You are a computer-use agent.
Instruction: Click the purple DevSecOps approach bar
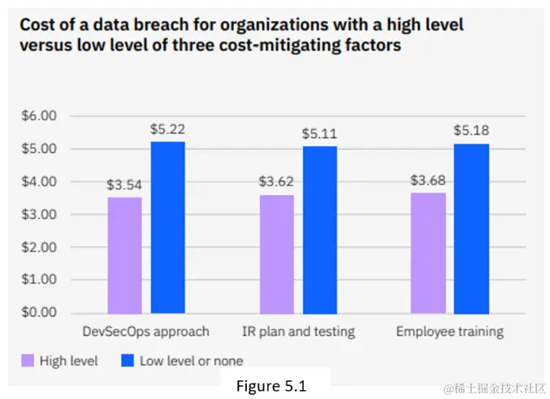(x=124, y=255)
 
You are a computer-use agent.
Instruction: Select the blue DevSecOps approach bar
(x=167, y=228)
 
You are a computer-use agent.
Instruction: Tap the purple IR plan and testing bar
(x=276, y=254)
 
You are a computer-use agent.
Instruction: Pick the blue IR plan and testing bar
(x=319, y=229)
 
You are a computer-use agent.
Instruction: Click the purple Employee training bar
(x=428, y=253)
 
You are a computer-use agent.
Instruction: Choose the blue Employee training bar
(x=471, y=228)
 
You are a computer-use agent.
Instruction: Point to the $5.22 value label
(x=167, y=129)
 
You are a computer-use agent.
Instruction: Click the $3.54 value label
(x=124, y=184)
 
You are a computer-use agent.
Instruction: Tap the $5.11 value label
(x=319, y=133)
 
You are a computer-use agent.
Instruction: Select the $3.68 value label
(x=428, y=180)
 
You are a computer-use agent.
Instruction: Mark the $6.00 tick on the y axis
(x=38, y=116)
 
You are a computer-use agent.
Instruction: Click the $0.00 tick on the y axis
(x=38, y=313)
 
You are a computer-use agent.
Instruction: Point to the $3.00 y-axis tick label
(x=38, y=215)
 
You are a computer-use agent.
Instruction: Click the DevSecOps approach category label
(x=145, y=332)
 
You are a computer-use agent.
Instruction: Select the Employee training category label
(x=449, y=332)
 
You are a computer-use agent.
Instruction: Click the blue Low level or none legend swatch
(x=127, y=360)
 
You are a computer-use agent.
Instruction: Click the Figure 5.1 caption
(x=271, y=386)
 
